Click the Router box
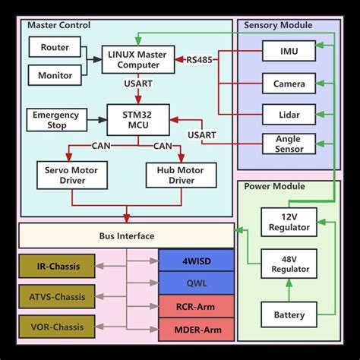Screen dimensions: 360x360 pos(55,47)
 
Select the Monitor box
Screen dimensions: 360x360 pos(55,74)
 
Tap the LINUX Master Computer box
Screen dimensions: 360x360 pos(137,59)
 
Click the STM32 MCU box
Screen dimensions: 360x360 pos(137,118)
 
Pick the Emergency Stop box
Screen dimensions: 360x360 pos(55,119)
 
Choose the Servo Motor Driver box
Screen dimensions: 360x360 pos(71,175)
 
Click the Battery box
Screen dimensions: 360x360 pos(289,314)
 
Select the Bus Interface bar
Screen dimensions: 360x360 pos(126,236)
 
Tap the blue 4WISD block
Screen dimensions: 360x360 pos(196,261)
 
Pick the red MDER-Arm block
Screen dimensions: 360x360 pos(196,329)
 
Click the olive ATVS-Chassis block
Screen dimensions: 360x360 pos(57,297)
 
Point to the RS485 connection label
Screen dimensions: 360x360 pos(200,58)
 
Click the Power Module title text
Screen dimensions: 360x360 pos(274,186)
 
